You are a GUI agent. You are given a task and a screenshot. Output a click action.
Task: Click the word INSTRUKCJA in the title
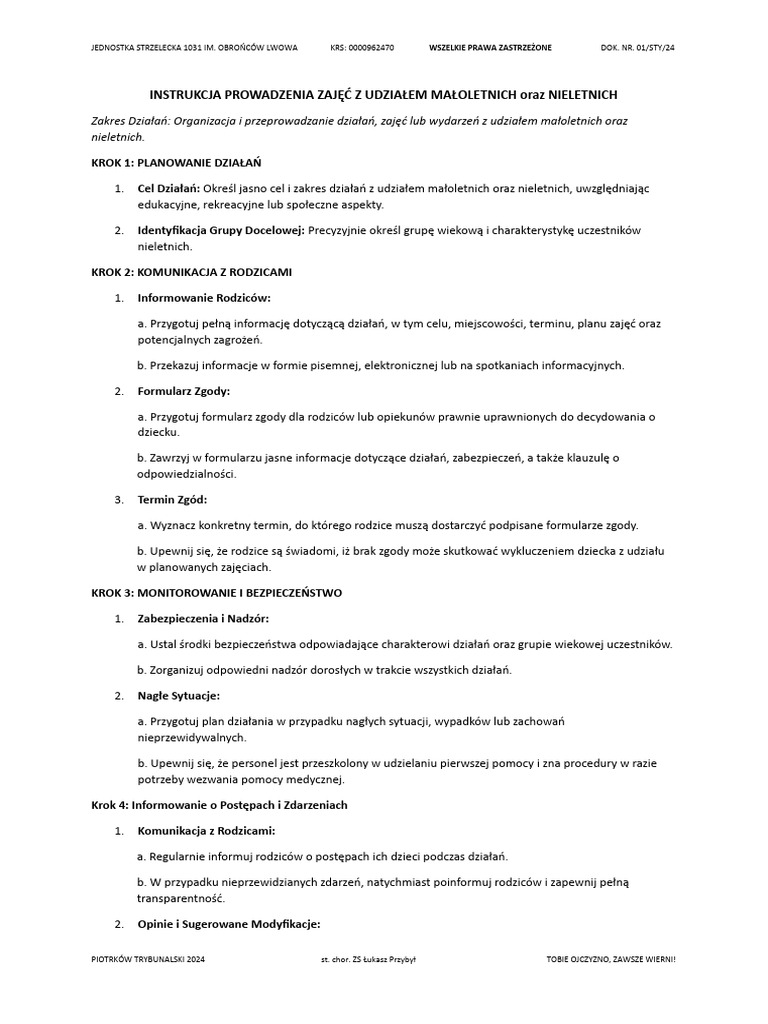click(188, 94)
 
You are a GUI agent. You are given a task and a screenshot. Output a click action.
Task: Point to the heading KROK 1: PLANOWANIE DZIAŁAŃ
click(176, 161)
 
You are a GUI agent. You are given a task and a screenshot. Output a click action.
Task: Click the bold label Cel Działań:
click(168, 187)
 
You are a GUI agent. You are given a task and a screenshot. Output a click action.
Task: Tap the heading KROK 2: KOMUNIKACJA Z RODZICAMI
click(191, 272)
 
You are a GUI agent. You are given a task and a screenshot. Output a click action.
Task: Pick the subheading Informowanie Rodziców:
click(204, 297)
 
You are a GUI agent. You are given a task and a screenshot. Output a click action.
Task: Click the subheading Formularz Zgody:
click(184, 390)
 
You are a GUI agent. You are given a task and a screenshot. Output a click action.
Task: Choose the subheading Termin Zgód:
click(172, 499)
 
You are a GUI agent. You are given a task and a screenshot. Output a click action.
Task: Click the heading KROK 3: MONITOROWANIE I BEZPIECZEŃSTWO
click(216, 593)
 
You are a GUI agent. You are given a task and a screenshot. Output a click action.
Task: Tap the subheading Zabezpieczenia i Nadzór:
click(203, 618)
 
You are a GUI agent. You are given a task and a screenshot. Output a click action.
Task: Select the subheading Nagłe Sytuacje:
click(178, 695)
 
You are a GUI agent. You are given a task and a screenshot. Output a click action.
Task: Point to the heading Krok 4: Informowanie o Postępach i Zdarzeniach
click(219, 805)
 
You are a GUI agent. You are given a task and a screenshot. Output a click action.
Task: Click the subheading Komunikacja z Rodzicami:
click(206, 831)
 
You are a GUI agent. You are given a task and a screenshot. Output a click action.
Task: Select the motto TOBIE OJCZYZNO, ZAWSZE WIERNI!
click(611, 959)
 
